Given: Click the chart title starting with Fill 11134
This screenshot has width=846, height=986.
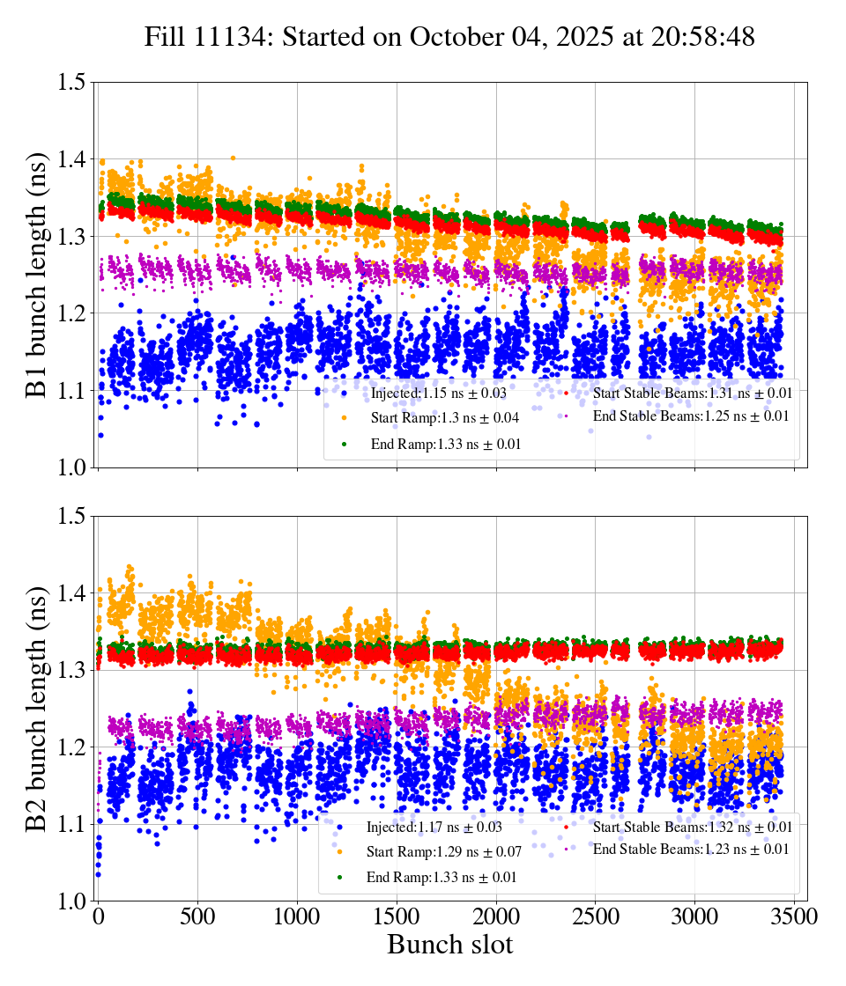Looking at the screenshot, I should [449, 36].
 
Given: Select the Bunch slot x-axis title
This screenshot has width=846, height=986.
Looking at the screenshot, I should [449, 946].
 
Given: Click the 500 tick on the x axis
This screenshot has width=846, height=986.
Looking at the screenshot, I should [197, 916].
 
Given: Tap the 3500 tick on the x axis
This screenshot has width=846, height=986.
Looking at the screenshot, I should [795, 916].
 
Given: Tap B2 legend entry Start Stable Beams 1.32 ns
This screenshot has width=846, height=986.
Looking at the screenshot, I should [692, 827].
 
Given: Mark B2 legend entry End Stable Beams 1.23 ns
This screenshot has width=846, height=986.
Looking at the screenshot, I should [691, 849].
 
